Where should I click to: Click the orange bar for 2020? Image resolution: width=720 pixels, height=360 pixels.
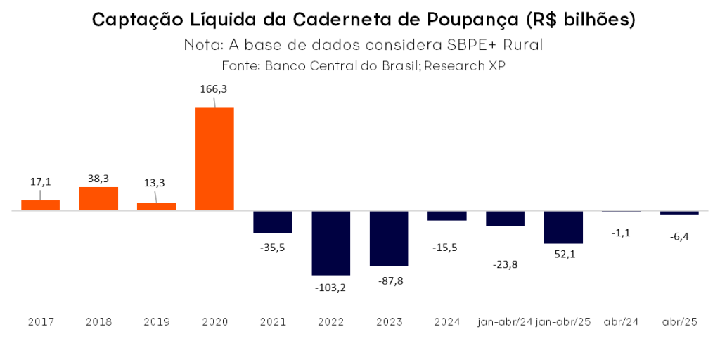[x=214, y=159]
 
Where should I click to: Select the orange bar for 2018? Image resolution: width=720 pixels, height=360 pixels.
[x=98, y=199]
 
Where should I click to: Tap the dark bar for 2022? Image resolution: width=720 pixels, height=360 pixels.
[x=331, y=243]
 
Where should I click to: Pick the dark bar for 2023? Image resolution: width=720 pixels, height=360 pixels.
[x=389, y=238]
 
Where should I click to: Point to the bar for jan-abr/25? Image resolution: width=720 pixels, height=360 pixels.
[x=562, y=227]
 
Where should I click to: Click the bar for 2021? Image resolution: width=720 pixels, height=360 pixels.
[x=273, y=222]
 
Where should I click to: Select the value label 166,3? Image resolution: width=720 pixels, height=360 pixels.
[x=214, y=90]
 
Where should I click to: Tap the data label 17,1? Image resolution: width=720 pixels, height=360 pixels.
[x=40, y=181]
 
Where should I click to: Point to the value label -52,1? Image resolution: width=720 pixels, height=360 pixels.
[x=562, y=255]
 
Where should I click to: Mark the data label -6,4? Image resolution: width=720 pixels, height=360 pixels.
[x=679, y=236]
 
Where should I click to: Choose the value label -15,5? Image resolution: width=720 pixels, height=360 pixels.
[x=447, y=247]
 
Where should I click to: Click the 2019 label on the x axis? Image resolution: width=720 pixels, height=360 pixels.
[x=156, y=322]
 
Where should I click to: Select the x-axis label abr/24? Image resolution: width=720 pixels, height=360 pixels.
[x=622, y=322]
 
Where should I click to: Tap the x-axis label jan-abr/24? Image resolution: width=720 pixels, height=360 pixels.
[x=504, y=322]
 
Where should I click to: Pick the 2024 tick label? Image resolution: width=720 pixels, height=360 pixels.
[x=447, y=322]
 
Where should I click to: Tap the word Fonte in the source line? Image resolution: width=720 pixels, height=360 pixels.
[x=240, y=65]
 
